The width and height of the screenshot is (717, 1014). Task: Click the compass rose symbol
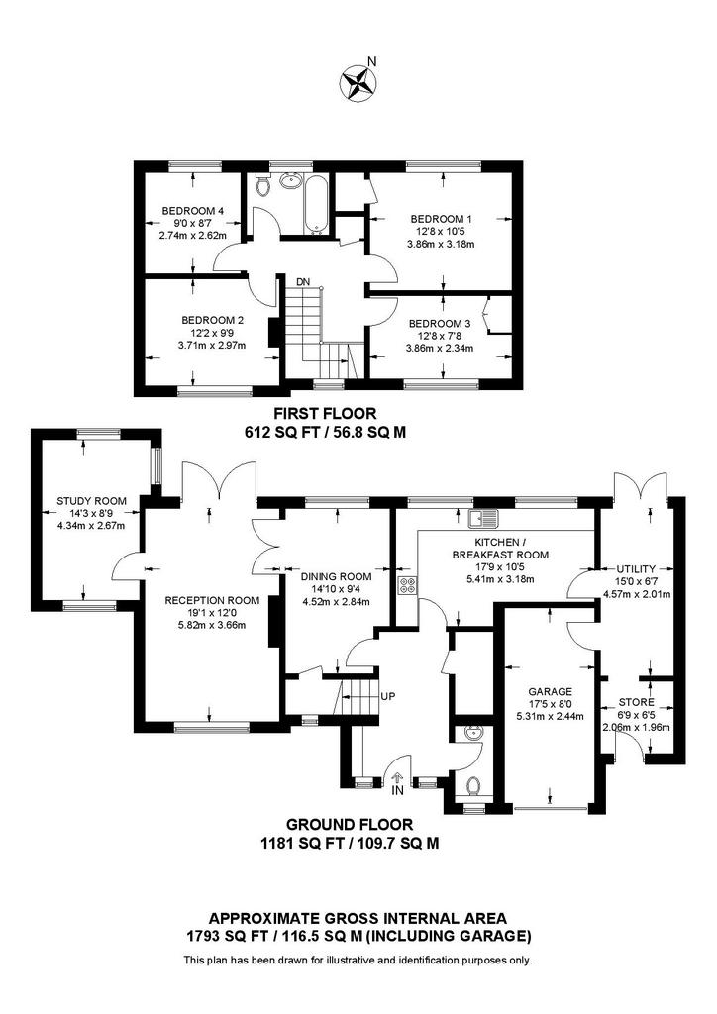(358, 83)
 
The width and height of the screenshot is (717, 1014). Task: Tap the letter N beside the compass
(371, 61)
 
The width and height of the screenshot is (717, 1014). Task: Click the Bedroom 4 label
(193, 211)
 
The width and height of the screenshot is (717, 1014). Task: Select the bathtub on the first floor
(316, 203)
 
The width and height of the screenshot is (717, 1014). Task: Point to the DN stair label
(303, 282)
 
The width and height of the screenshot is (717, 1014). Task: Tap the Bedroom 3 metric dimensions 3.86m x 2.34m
(440, 348)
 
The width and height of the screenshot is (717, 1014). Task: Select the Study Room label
(91, 501)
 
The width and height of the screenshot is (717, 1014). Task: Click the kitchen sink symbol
(484, 518)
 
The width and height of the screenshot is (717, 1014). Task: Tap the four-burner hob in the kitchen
(408, 586)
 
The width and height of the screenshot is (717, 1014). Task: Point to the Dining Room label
(337, 577)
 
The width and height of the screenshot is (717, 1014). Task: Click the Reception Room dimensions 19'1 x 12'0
(212, 612)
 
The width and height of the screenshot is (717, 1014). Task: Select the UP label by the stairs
(388, 696)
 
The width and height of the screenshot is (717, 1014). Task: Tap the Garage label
(551, 691)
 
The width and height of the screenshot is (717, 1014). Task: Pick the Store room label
(636, 702)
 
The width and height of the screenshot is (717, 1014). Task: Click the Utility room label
(636, 569)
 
